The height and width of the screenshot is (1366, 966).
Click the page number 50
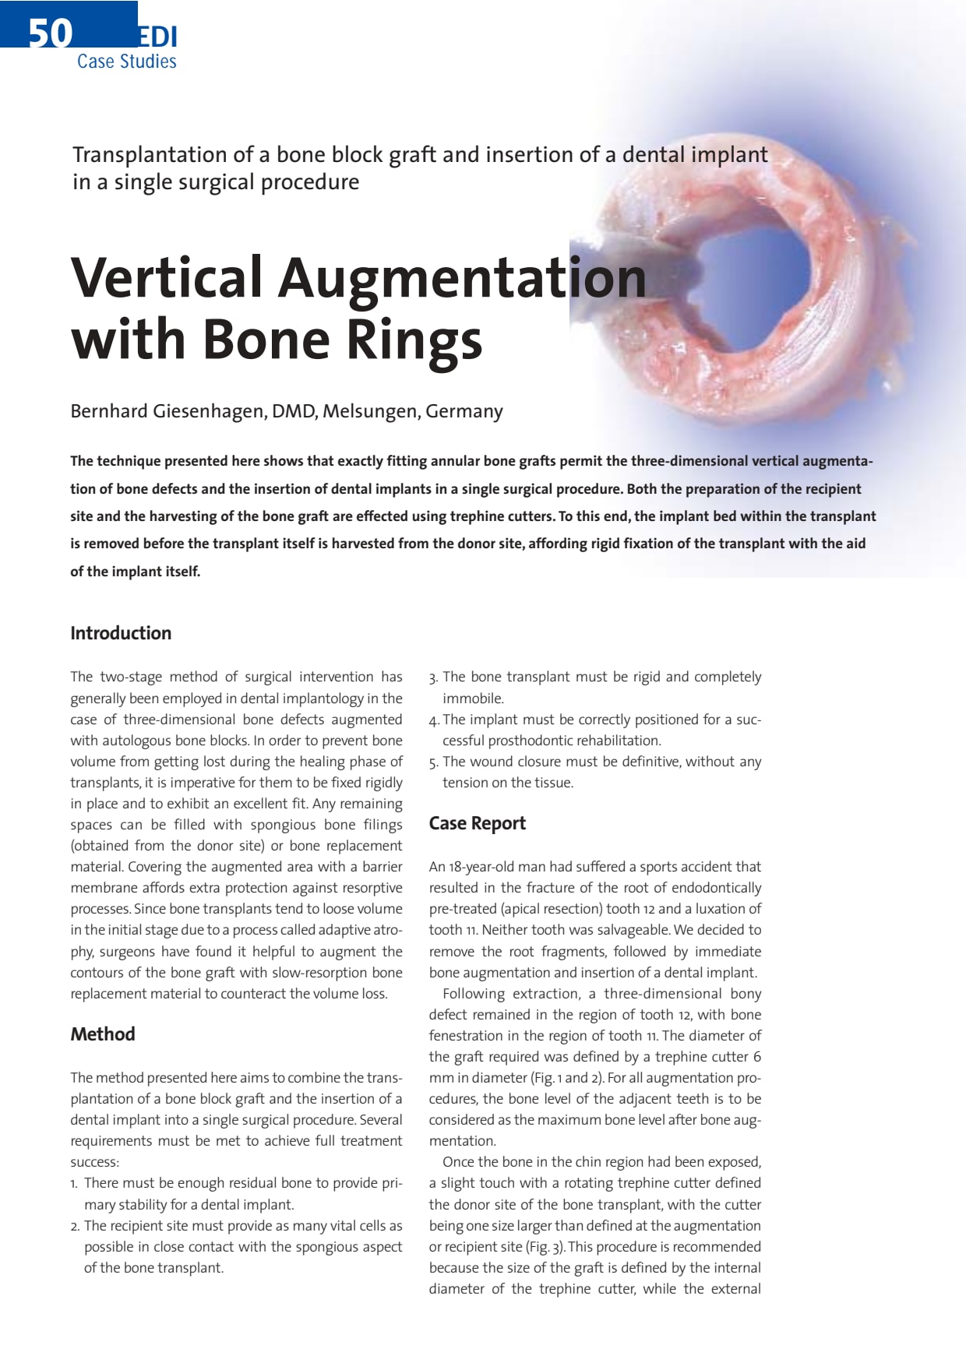(51, 33)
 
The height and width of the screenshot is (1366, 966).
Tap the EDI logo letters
(158, 37)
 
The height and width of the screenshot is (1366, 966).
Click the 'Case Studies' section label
(126, 62)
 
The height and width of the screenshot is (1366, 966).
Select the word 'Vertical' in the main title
(167, 277)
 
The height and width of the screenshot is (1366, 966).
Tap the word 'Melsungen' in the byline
(370, 411)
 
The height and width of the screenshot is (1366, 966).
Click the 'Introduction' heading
(121, 633)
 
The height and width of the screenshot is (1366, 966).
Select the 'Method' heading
(103, 1034)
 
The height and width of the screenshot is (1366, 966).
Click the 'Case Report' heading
(477, 823)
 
